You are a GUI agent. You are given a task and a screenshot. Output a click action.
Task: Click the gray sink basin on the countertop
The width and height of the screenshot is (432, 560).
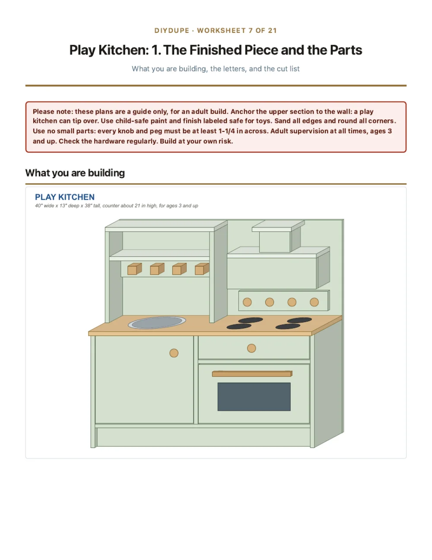(157, 323)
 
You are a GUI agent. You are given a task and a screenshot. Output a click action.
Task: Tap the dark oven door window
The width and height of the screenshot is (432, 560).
(254, 397)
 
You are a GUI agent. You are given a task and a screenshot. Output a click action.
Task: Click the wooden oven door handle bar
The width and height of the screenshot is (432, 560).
(252, 374)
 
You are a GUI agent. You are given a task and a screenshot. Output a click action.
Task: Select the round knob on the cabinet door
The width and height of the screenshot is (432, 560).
(174, 353)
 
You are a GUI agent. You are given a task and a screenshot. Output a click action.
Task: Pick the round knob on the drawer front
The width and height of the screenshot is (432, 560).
(251, 348)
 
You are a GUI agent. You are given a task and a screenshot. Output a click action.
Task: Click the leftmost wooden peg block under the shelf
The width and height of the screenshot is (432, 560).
(134, 269)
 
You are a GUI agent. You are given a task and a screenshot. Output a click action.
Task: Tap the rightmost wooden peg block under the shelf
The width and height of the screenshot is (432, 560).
(202, 269)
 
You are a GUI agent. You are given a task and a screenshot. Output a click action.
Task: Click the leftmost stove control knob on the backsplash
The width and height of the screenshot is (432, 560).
(247, 302)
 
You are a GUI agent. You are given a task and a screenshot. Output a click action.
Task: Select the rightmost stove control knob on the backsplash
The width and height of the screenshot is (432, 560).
(314, 302)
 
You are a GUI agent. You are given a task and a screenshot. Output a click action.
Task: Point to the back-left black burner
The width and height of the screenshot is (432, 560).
(251, 320)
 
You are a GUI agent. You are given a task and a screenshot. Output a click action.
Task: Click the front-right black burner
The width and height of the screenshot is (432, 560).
(288, 326)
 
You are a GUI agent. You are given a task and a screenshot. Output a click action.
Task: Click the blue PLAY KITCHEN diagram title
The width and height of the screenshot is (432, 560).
(65, 197)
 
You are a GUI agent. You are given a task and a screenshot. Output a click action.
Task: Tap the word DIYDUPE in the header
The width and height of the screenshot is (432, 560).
(172, 31)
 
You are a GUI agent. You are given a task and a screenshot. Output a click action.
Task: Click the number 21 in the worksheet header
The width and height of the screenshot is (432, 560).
(273, 31)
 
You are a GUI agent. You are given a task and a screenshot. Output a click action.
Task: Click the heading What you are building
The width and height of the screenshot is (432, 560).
(75, 173)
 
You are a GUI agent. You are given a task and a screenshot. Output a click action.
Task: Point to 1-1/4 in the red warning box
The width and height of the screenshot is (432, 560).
(226, 131)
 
